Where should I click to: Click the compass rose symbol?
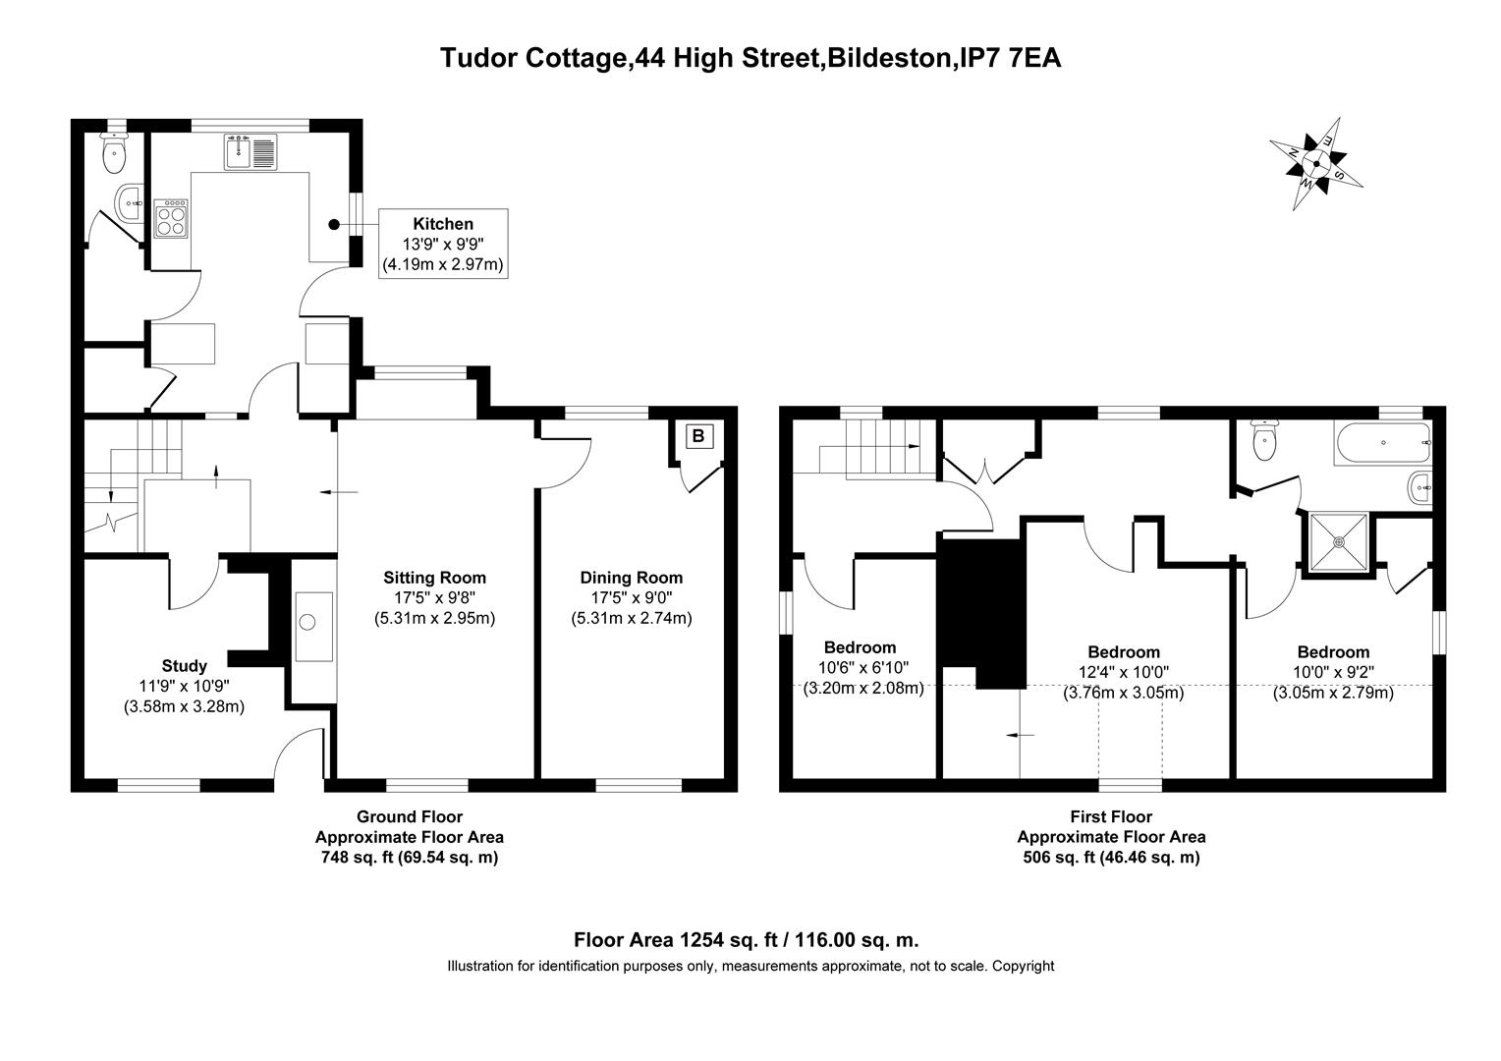(x=1316, y=163)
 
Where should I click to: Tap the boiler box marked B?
(x=698, y=436)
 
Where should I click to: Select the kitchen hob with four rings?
(x=170, y=218)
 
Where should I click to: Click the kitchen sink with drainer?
(x=250, y=151)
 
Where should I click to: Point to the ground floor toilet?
(x=115, y=152)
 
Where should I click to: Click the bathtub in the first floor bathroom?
(x=1383, y=442)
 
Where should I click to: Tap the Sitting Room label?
(x=434, y=577)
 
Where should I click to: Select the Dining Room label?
(x=632, y=577)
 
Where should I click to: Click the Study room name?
(x=185, y=665)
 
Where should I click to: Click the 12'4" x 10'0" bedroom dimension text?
(x=1124, y=672)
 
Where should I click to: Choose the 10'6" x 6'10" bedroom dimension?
(x=863, y=668)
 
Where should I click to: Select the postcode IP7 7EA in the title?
(x=1011, y=58)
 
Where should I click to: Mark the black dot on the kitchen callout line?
(x=334, y=225)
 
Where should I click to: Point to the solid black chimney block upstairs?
(x=982, y=613)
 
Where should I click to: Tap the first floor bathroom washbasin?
(x=1419, y=487)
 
